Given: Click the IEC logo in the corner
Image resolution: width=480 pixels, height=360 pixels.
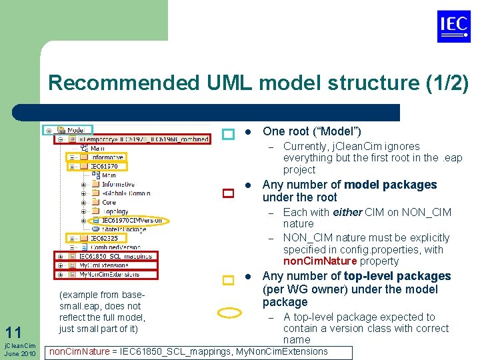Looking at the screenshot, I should pos(454,27).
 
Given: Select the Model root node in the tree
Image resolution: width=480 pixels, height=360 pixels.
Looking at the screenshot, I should pos(75,130).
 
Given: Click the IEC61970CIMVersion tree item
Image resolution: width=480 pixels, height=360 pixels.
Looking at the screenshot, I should pos(131,220).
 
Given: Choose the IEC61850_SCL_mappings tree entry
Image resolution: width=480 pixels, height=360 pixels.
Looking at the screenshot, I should pos(115,256).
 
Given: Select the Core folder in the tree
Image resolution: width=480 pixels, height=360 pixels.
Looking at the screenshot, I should pos(109,202).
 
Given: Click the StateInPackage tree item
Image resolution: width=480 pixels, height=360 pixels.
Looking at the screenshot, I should pos(124,229).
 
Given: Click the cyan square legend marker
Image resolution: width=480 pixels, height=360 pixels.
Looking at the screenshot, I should pos(228,135).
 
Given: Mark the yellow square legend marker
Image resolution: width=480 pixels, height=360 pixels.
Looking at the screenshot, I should pos(228,281).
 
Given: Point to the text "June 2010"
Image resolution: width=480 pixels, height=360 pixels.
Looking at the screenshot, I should pos(20,353).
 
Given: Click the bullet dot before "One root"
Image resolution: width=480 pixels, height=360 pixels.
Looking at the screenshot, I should pos(247,132).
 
